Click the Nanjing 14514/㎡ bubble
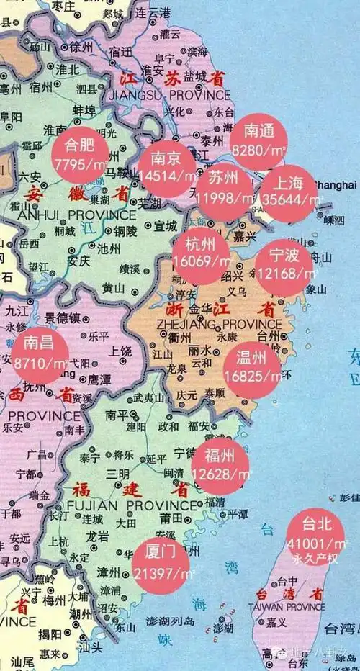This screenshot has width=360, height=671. tap(168, 167)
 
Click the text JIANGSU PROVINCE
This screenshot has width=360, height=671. tap(168, 95)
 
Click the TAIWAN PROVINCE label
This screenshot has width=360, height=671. tap(287, 608)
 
